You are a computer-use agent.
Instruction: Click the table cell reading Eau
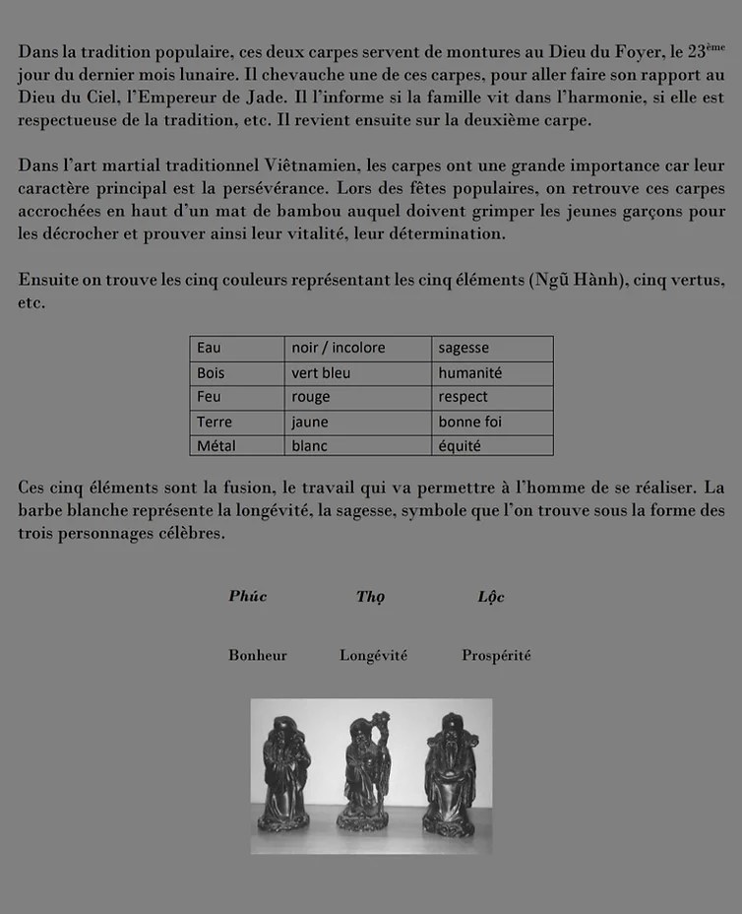click(237, 348)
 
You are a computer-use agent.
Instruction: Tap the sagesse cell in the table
click(492, 348)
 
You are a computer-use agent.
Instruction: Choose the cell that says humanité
click(492, 373)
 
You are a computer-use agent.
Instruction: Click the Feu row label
click(237, 397)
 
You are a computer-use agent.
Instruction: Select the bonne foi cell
click(492, 422)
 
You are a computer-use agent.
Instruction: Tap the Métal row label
click(237, 445)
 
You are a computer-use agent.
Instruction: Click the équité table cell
click(492, 445)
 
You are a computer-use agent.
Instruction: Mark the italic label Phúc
click(248, 596)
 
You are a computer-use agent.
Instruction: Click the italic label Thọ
click(371, 597)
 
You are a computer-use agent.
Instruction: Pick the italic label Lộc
click(491, 597)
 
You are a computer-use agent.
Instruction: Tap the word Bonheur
click(258, 655)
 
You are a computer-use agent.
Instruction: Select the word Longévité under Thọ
click(373, 655)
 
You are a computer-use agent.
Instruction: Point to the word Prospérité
click(496, 655)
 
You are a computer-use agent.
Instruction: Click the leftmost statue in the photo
click(285, 773)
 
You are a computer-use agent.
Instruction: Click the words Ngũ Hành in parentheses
click(574, 280)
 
